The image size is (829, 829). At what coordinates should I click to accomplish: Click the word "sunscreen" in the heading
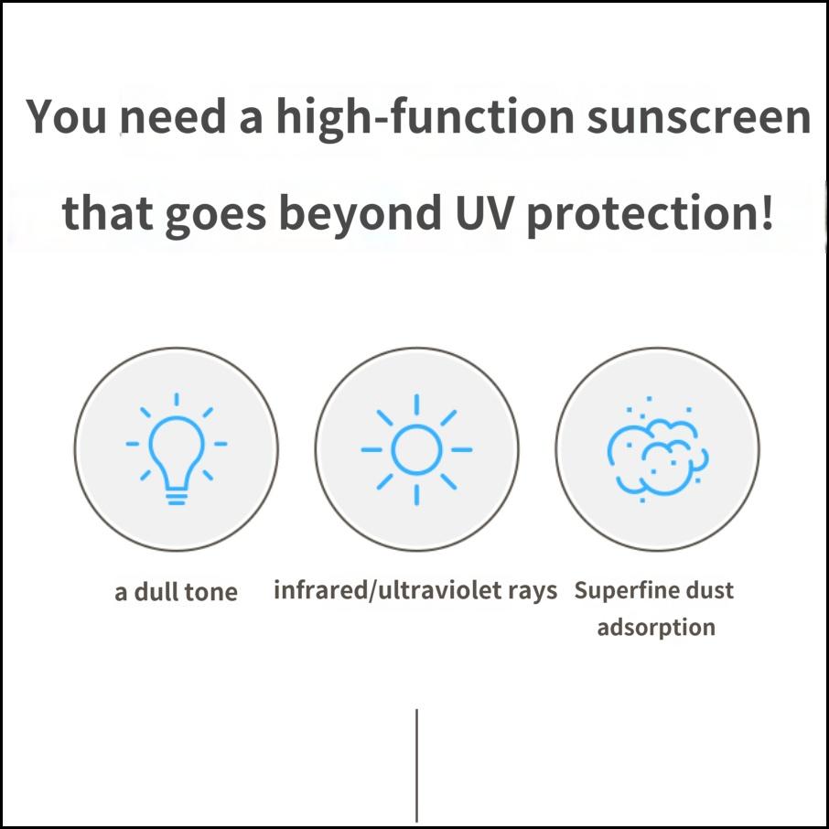tap(698, 117)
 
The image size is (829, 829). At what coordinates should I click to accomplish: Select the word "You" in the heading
tap(66, 115)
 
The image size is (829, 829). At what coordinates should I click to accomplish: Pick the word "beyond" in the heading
tap(361, 213)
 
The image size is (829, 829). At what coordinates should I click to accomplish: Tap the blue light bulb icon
tap(176, 449)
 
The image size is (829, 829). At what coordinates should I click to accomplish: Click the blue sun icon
tap(416, 449)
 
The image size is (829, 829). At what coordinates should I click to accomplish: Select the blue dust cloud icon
tap(658, 449)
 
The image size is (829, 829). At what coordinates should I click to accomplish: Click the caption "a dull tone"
tap(176, 592)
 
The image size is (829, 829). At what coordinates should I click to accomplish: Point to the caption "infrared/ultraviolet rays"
tap(415, 590)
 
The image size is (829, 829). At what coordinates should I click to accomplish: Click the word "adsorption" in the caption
tap(656, 628)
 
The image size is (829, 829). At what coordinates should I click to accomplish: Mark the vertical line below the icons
tap(416, 765)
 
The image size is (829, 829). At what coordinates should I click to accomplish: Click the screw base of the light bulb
tap(176, 498)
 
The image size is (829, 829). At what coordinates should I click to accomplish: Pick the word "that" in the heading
tap(107, 212)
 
